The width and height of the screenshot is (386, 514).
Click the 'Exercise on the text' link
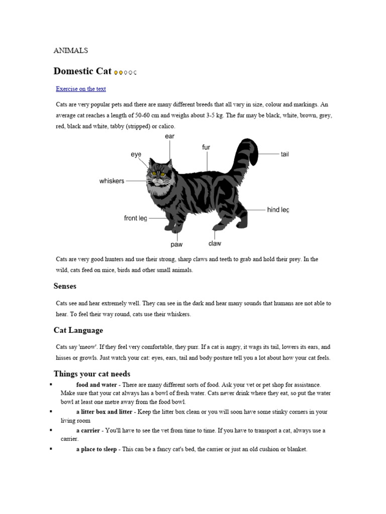tap(81, 89)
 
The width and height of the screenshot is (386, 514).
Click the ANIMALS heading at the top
tap(71, 50)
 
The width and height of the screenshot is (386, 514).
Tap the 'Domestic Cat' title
tap(82, 71)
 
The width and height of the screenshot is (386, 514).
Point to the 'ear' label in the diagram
tap(170, 137)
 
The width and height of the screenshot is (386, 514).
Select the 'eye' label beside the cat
tap(136, 155)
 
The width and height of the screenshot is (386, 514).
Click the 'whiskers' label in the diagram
tap(112, 181)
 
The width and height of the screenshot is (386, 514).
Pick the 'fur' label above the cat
tap(206, 147)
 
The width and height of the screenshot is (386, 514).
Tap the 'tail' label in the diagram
tap(285, 155)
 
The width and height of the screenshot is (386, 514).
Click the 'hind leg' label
tap(278, 210)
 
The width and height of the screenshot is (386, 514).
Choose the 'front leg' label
tap(136, 218)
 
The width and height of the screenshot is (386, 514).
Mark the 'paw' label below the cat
tap(176, 244)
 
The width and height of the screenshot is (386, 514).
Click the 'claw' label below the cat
tap(215, 243)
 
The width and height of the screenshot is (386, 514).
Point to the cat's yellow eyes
tap(155, 174)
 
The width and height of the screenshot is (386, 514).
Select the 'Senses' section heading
tap(65, 286)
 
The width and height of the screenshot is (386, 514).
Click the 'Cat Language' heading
tap(78, 330)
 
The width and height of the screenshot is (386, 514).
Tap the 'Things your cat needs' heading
tap(92, 374)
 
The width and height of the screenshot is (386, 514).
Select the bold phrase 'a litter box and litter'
tap(104, 412)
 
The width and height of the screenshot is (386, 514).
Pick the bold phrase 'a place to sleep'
tap(96, 449)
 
